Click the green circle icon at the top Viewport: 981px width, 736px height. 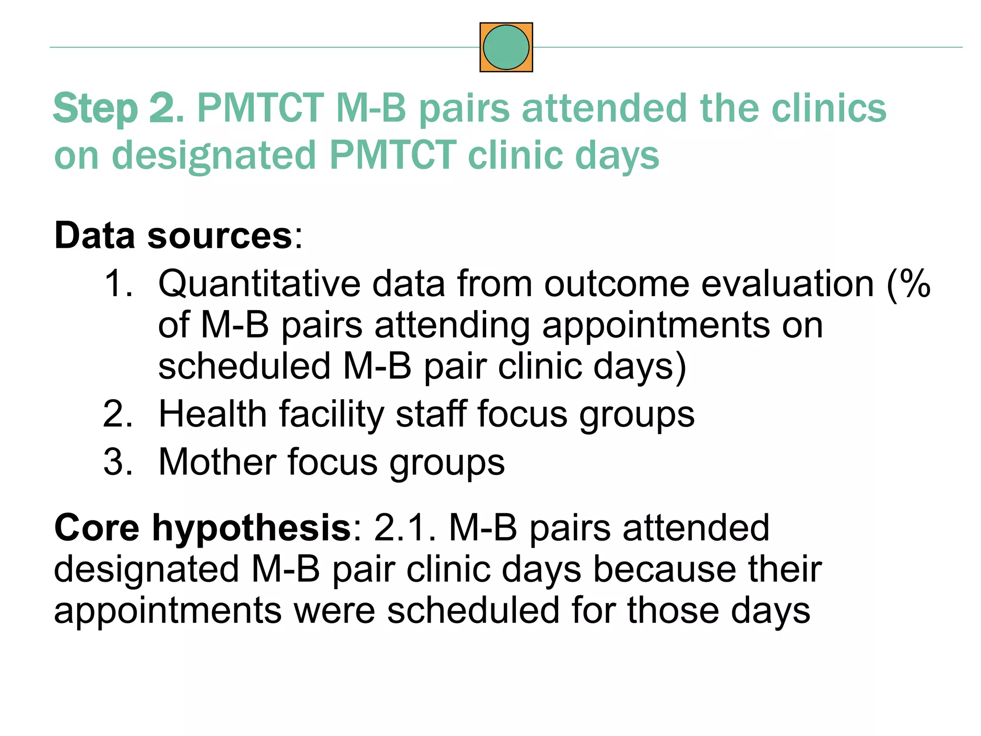[506, 47]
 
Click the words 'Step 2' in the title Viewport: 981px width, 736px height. [115, 109]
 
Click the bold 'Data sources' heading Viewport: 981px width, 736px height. [173, 236]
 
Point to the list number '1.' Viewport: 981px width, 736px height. [118, 284]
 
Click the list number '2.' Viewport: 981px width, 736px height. [118, 414]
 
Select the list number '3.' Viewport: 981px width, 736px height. [118, 462]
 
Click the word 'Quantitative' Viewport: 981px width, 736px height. [259, 284]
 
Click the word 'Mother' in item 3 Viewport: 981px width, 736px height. [217, 462]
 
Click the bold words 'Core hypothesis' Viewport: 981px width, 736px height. [203, 528]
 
